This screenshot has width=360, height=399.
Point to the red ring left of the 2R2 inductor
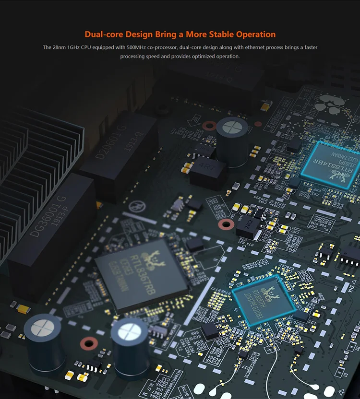click(225, 224)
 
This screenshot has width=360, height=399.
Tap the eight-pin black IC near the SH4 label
click(349, 256)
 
